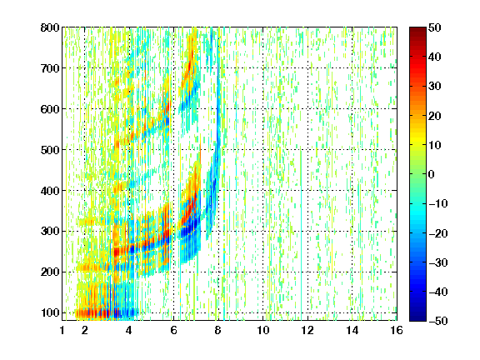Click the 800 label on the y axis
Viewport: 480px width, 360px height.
coord(50,27)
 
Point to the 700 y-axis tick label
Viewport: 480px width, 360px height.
coord(50,68)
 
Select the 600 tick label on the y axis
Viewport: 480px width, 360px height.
coord(50,109)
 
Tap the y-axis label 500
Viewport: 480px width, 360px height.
coord(50,150)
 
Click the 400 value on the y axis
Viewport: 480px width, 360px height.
coord(50,191)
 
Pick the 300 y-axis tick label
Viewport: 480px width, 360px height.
coord(50,231)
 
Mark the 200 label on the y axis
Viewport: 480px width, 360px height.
coord(50,272)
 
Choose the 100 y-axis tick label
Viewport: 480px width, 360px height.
coord(50,312)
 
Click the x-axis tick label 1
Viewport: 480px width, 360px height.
coord(62,330)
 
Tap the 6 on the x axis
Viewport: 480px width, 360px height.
coord(173,330)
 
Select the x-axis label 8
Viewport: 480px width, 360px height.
coord(218,330)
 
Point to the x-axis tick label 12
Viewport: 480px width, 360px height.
coord(307,330)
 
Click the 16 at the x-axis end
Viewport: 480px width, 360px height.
coord(397,330)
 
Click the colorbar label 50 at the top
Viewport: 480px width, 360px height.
coord(435,27)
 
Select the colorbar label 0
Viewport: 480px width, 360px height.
coord(432,174)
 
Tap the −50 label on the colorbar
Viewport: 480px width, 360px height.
coord(438,321)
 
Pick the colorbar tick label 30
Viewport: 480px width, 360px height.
coord(435,86)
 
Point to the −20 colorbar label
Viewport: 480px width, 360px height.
coord(438,233)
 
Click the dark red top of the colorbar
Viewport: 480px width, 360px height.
coord(417,31)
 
